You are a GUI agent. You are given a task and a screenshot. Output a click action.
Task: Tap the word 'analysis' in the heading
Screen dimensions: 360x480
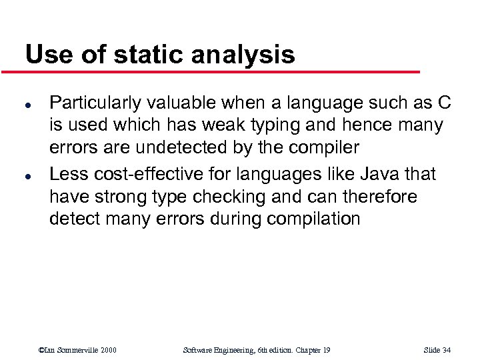tap(243, 55)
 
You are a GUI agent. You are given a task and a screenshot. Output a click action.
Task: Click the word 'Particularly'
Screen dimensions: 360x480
tap(96, 103)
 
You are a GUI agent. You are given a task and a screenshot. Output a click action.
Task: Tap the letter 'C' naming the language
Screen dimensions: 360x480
tap(444, 103)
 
